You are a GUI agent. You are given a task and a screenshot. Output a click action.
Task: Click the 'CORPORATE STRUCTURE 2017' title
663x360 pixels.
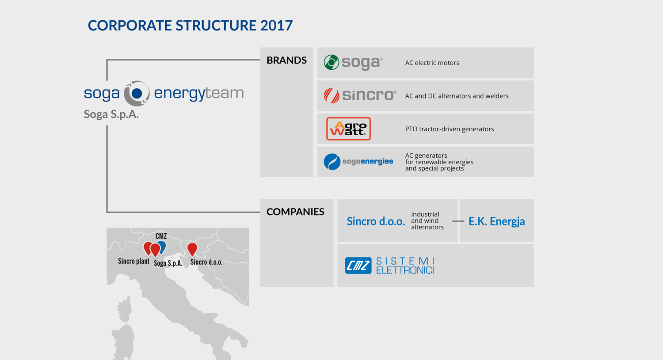(x=190, y=26)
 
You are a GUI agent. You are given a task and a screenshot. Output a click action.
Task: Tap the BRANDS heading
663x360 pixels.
(x=286, y=61)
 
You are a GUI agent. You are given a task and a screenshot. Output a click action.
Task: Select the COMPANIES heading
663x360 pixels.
(x=295, y=212)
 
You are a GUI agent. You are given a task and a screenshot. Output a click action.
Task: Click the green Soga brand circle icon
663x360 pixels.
(x=331, y=62)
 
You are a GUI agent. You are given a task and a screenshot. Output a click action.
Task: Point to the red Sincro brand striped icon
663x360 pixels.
(x=331, y=95)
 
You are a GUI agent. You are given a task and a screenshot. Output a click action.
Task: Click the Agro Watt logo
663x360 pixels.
(x=348, y=129)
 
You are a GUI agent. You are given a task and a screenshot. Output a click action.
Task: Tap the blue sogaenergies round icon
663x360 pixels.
(x=332, y=162)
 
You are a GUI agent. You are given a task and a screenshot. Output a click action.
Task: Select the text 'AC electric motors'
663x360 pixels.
(x=432, y=63)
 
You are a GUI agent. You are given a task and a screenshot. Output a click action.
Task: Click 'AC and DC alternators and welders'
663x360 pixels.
(x=457, y=96)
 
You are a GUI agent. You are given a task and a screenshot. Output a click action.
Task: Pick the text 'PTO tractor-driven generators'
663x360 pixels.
(x=450, y=129)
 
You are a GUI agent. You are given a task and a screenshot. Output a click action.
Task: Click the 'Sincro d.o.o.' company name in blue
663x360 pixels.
(x=376, y=221)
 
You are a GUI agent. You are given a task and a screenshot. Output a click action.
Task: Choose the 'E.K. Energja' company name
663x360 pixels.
(x=497, y=221)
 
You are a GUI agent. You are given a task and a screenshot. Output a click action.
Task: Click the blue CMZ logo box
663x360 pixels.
(x=358, y=265)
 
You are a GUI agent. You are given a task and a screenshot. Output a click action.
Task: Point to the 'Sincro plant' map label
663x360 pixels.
(x=133, y=261)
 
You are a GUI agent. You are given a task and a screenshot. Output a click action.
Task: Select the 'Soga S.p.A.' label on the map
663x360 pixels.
(x=168, y=263)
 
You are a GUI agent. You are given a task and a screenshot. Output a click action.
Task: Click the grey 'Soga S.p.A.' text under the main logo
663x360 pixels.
(x=111, y=114)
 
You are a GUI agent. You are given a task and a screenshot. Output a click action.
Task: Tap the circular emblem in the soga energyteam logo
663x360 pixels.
(x=137, y=94)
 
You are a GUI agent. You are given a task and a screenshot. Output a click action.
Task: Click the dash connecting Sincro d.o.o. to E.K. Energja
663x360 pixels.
(x=458, y=221)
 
